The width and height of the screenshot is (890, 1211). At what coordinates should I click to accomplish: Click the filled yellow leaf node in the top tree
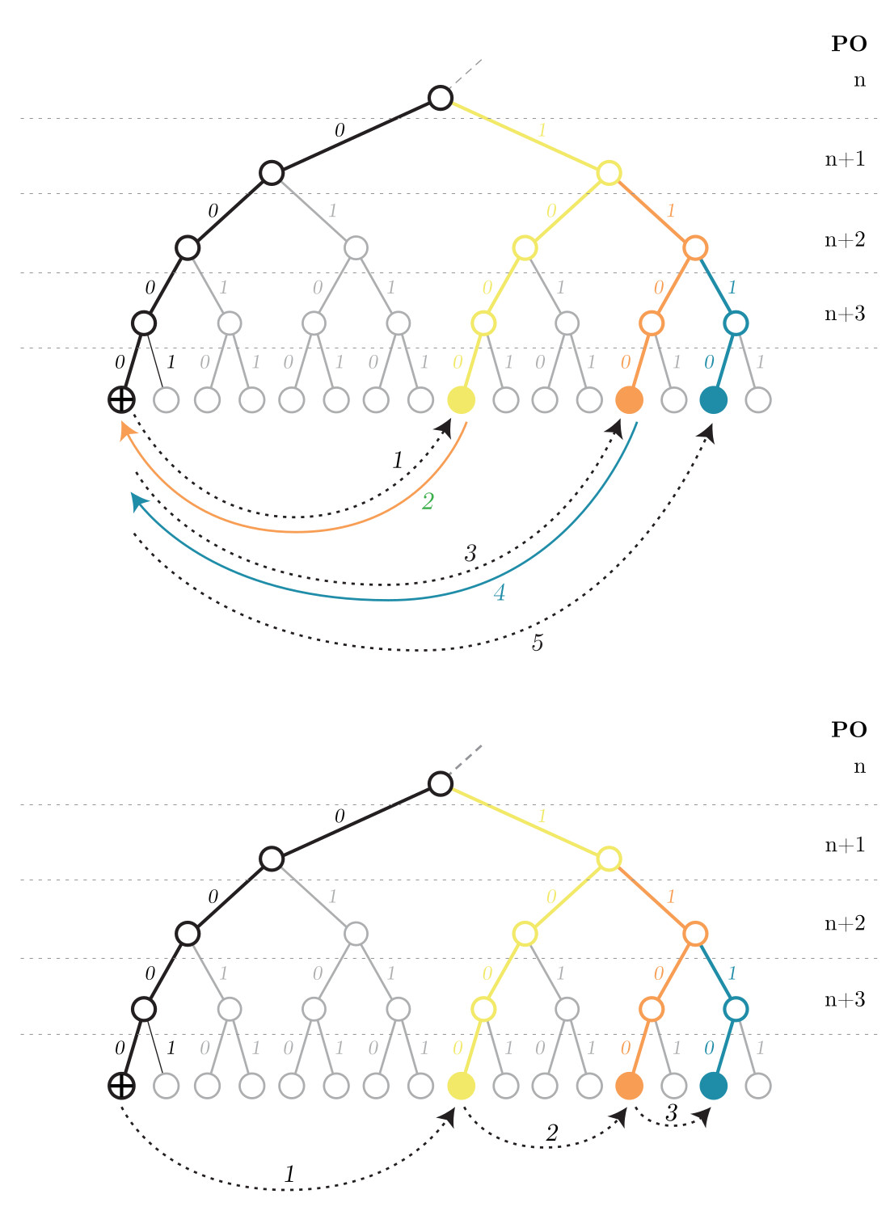click(462, 399)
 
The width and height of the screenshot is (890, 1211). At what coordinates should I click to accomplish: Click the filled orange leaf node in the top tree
click(629, 399)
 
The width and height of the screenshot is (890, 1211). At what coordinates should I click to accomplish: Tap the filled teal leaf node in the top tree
click(713, 399)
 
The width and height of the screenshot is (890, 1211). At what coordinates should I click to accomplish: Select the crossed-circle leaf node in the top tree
click(121, 399)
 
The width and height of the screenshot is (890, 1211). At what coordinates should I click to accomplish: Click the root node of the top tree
click(440, 98)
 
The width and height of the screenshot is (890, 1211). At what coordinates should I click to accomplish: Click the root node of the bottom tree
click(440, 783)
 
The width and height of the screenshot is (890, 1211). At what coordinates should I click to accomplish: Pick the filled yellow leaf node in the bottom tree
click(462, 1086)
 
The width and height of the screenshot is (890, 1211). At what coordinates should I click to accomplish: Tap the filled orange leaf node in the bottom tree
click(629, 1086)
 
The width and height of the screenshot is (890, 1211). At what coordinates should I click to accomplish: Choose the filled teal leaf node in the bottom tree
click(713, 1086)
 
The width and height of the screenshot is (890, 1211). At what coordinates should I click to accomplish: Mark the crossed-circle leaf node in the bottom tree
click(121, 1086)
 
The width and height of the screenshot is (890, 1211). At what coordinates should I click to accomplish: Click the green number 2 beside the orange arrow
click(428, 501)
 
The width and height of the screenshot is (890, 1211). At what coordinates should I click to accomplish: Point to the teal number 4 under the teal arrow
click(500, 593)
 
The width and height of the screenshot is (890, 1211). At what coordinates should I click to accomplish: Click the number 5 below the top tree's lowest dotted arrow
click(538, 643)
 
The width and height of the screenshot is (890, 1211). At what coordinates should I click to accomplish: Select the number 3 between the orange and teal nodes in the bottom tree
click(672, 1113)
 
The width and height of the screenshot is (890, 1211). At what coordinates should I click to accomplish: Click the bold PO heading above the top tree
click(849, 44)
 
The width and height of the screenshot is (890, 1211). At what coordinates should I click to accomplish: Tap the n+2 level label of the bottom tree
click(845, 923)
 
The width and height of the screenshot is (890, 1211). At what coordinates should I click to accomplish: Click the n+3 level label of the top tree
click(845, 314)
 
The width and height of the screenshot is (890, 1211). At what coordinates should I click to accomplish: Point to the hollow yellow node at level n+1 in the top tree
click(609, 173)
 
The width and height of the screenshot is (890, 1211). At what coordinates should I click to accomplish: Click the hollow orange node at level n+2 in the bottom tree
click(695, 934)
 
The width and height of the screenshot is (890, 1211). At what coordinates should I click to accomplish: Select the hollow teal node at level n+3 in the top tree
click(735, 323)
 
